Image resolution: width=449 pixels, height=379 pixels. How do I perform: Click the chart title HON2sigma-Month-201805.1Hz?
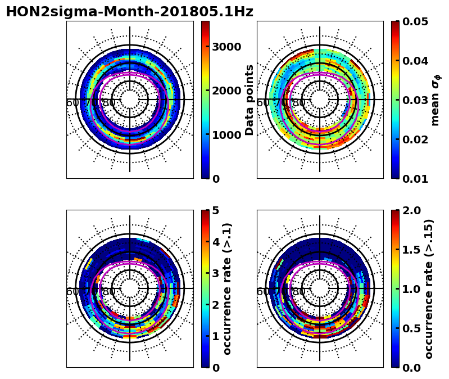point(129,12)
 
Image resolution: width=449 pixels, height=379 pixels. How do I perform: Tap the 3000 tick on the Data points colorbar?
point(227,47)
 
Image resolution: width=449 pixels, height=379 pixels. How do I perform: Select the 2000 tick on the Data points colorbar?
point(227,91)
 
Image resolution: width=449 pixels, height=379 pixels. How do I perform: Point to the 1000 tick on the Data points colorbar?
point(227,135)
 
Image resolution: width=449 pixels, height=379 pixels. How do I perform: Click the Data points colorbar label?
point(250,100)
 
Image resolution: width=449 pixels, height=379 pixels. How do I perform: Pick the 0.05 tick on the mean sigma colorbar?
point(416,22)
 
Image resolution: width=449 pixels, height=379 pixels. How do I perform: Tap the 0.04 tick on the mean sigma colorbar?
point(416,61)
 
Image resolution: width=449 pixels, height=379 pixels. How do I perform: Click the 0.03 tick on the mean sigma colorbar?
point(416,100)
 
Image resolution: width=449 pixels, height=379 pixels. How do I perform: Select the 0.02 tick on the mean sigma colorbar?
point(416,139)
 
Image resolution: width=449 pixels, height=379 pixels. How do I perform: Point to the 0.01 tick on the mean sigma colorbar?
point(416,179)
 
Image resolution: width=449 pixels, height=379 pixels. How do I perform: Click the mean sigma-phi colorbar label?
point(436,100)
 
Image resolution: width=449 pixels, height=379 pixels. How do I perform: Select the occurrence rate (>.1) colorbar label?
point(228,288)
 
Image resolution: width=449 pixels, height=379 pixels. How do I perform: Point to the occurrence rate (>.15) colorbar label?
point(429,288)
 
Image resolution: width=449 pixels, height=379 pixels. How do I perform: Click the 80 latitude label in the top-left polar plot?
point(108,103)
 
